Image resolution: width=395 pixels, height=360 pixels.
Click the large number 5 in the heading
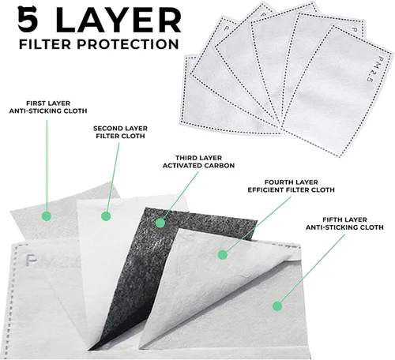coord(28,19)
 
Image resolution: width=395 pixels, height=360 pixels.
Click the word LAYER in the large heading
coord(118,20)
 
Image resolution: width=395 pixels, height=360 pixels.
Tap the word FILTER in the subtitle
coord(45,44)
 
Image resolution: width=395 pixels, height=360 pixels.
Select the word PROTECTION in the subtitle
coord(128,44)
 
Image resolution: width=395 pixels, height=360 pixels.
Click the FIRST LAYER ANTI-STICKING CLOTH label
coord(48,107)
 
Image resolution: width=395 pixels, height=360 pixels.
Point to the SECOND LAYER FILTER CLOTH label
coord(120,133)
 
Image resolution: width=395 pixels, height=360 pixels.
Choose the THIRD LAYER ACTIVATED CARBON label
coord(198,162)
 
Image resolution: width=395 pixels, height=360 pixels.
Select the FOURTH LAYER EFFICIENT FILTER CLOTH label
coord(291,186)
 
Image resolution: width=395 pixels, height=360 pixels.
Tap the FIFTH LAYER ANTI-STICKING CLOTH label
coord(344,223)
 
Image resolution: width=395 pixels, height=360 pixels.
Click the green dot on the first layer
coord(47,216)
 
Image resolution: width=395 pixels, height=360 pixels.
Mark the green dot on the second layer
coord(106,216)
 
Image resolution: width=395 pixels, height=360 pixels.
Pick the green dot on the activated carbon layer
coord(160,223)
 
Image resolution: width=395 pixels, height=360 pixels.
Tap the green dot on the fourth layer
coord(223,255)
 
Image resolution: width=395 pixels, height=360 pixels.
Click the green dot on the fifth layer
coord(277,306)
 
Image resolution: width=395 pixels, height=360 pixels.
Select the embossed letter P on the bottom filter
coord(32,261)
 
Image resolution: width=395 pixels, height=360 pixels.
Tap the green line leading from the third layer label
coord(181,195)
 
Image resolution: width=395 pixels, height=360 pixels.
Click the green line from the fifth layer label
coord(312,268)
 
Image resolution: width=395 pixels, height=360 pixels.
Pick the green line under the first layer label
coord(47,166)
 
